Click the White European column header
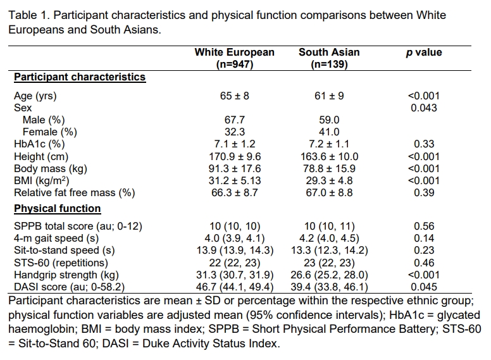click(235, 58)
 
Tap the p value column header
click(423, 53)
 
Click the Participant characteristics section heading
click(80, 77)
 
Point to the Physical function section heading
click(58, 208)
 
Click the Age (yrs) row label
click(35, 96)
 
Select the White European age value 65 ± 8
click(234, 96)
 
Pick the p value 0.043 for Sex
click(423, 108)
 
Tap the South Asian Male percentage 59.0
click(328, 120)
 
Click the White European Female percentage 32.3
click(234, 132)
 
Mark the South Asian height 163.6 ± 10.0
click(328, 156)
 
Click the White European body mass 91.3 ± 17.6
click(234, 168)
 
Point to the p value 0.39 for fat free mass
click(423, 192)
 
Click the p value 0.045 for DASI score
click(423, 287)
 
